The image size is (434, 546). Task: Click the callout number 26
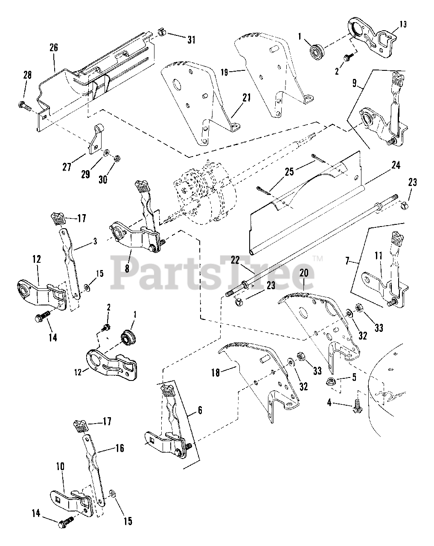pos(54,47)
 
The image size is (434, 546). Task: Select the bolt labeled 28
pos(23,105)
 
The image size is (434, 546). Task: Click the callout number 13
pos(403,24)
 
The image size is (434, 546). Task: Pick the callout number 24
pos(396,165)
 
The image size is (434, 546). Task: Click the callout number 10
pos(60,466)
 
